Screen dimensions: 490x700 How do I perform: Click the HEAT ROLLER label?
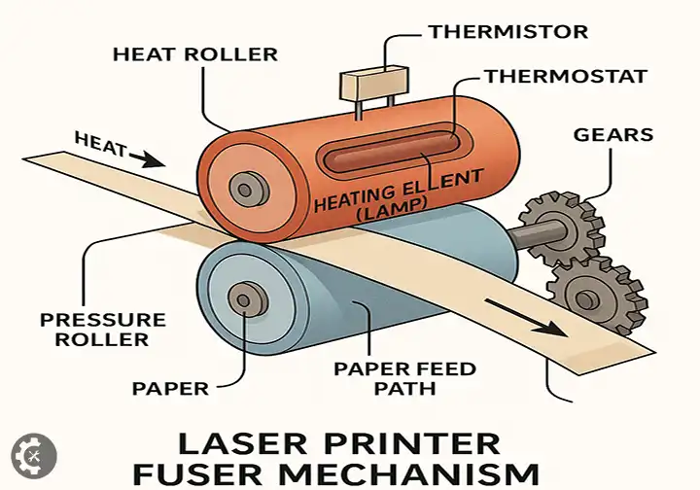tap(194, 53)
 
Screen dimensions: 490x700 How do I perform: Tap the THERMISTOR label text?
tap(507, 31)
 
